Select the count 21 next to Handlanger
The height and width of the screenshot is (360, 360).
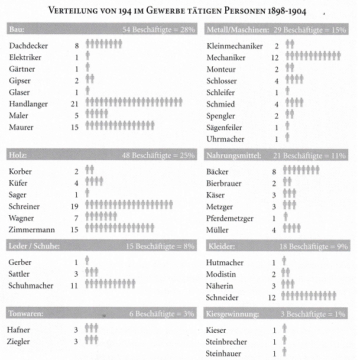(x=74, y=103)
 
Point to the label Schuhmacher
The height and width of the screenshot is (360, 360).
(x=31, y=286)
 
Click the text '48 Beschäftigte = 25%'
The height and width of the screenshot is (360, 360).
(x=158, y=155)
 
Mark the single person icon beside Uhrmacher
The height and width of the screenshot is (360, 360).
(x=287, y=138)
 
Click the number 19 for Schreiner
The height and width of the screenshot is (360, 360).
(x=74, y=206)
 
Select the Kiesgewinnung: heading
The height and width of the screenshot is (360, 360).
(x=235, y=314)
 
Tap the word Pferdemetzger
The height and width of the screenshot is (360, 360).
(x=233, y=218)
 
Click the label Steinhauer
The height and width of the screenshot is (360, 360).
(x=228, y=353)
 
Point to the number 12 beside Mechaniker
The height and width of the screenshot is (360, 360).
(x=274, y=57)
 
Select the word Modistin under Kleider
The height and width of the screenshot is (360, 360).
(x=225, y=274)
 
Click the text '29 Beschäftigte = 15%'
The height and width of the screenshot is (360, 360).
(x=314, y=30)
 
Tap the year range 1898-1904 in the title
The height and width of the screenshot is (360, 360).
(x=286, y=11)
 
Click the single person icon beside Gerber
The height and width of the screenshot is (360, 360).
(x=87, y=261)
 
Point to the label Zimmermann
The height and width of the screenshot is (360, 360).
(x=33, y=228)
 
